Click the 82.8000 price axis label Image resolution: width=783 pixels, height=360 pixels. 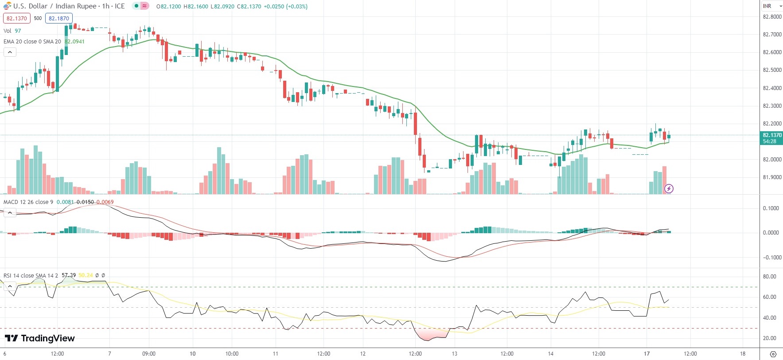pos(772,17)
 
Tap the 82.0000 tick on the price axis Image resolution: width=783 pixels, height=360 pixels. pos(772,160)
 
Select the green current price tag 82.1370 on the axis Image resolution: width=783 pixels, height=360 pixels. pos(772,135)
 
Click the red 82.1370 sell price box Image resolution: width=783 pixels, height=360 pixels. pos(17,19)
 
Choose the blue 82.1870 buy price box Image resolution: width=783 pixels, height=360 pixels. pos(59,19)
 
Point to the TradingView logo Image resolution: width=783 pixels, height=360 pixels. pos(40,338)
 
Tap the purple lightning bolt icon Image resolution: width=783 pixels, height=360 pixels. pos(669,189)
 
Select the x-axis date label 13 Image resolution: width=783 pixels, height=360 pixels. pos(454,354)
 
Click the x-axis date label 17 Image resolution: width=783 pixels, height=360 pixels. pos(647,354)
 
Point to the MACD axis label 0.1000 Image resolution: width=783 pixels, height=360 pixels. pos(771,208)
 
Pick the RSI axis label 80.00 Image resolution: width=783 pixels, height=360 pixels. pos(770,277)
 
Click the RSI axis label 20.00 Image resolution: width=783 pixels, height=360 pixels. pos(770,338)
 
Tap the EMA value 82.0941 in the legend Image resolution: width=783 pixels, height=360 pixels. pos(74,42)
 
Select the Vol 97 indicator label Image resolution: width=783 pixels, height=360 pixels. pos(12,31)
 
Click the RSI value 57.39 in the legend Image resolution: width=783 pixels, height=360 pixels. pos(69,276)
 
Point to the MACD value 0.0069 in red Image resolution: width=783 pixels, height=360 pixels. pos(105,202)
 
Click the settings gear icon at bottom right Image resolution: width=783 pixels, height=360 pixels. pos(773,354)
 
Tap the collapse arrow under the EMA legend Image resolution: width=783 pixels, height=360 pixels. pos(10,52)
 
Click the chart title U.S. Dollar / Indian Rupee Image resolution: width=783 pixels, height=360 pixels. pos(55,6)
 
